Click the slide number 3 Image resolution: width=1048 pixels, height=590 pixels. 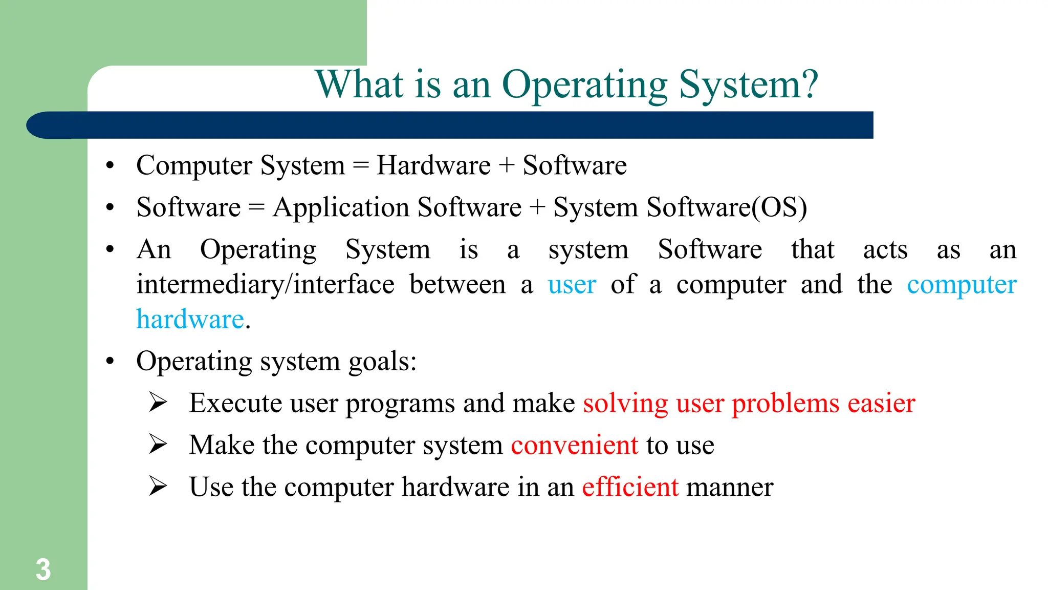[43, 570]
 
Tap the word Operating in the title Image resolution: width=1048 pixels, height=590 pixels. [584, 85]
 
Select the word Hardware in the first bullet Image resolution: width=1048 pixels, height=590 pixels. [433, 165]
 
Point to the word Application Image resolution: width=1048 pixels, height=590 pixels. [341, 208]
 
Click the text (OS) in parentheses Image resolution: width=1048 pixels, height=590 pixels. [779, 207]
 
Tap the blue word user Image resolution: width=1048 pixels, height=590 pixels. [572, 284]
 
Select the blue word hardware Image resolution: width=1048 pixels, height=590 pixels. [190, 319]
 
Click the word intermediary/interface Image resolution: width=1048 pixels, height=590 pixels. [265, 284]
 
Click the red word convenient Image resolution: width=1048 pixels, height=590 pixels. [574, 445]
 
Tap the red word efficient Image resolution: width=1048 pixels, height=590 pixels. [630, 487]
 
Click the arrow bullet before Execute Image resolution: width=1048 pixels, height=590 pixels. [158, 403]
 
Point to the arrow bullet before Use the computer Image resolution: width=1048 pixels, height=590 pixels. [158, 486]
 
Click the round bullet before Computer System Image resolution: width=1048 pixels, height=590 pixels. [110, 165]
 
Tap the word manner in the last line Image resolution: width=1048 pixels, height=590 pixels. [729, 487]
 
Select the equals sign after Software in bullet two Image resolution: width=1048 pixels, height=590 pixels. [256, 208]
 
